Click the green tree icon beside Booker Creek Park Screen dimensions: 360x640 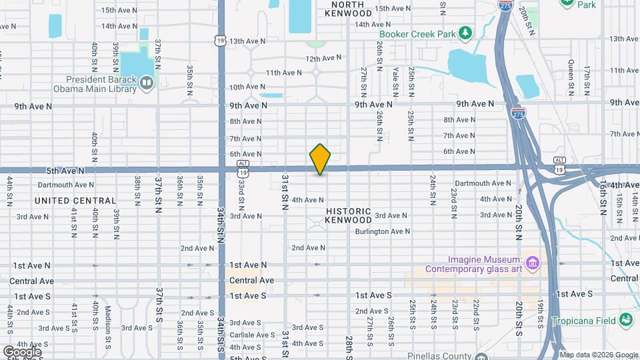[466, 33]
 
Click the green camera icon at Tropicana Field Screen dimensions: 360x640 [625, 320]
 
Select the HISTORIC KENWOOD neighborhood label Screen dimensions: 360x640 [349, 215]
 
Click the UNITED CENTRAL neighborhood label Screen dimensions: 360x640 [75, 201]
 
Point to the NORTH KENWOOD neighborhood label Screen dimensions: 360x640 [348, 9]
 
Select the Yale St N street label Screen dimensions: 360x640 [395, 79]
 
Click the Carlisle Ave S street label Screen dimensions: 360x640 [252, 335]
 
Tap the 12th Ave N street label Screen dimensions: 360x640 [323, 59]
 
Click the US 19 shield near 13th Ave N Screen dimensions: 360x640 [219, 41]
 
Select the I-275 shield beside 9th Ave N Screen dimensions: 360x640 [518, 114]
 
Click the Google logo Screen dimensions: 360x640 [22, 351]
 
